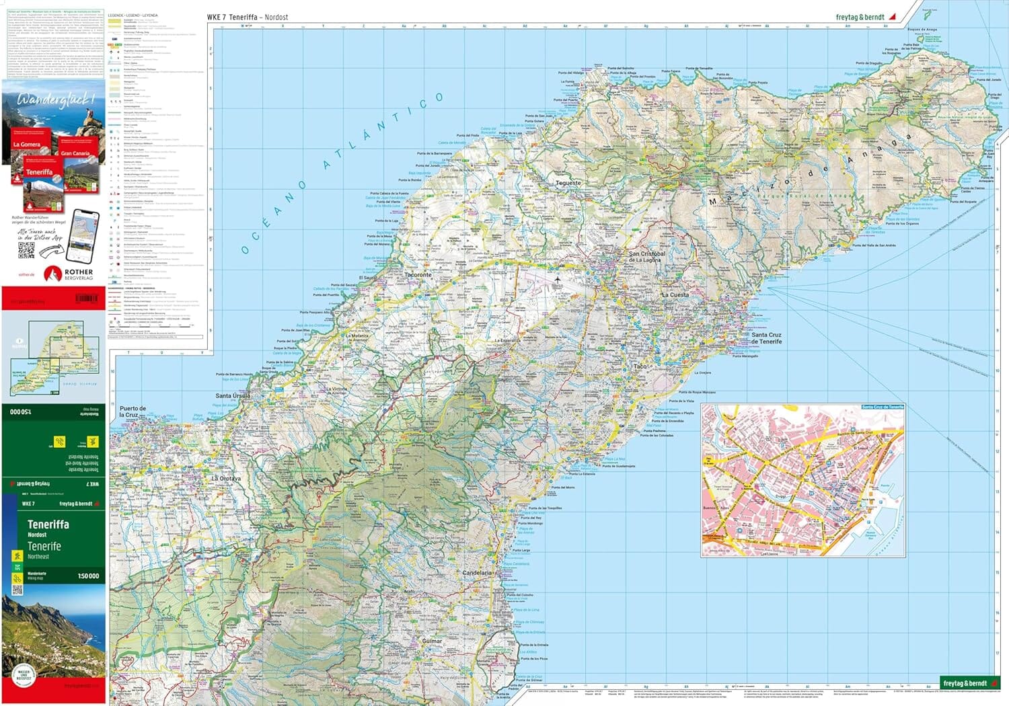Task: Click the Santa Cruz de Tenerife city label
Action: tap(766, 338)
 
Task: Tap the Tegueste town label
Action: tap(568, 183)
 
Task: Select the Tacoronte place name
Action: tap(418, 275)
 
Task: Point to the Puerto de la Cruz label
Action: tap(133, 411)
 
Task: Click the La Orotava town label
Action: tap(225, 478)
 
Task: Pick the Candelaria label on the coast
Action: tap(478, 573)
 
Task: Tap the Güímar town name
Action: tap(432, 641)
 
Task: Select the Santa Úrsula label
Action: tap(233, 396)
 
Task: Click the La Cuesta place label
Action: tap(675, 295)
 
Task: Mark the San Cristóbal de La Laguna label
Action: tap(646, 257)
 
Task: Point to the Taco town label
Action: tap(640, 366)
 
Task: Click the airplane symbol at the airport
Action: tap(558, 280)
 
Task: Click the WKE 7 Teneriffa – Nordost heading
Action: tap(248, 17)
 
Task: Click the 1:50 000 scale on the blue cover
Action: tap(88, 576)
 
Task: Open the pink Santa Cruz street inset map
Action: tap(802, 480)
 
